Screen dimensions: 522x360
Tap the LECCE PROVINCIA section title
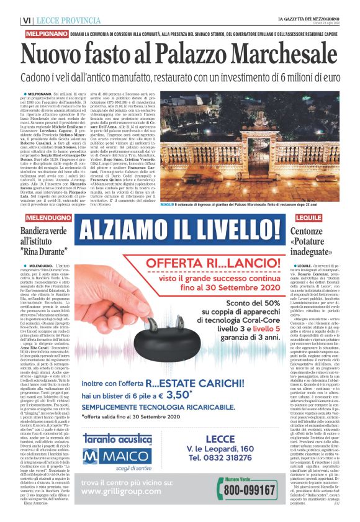(x=66, y=21)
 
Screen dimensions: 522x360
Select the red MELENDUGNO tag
(x=47, y=218)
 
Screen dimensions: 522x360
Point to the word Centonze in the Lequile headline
(x=315, y=232)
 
